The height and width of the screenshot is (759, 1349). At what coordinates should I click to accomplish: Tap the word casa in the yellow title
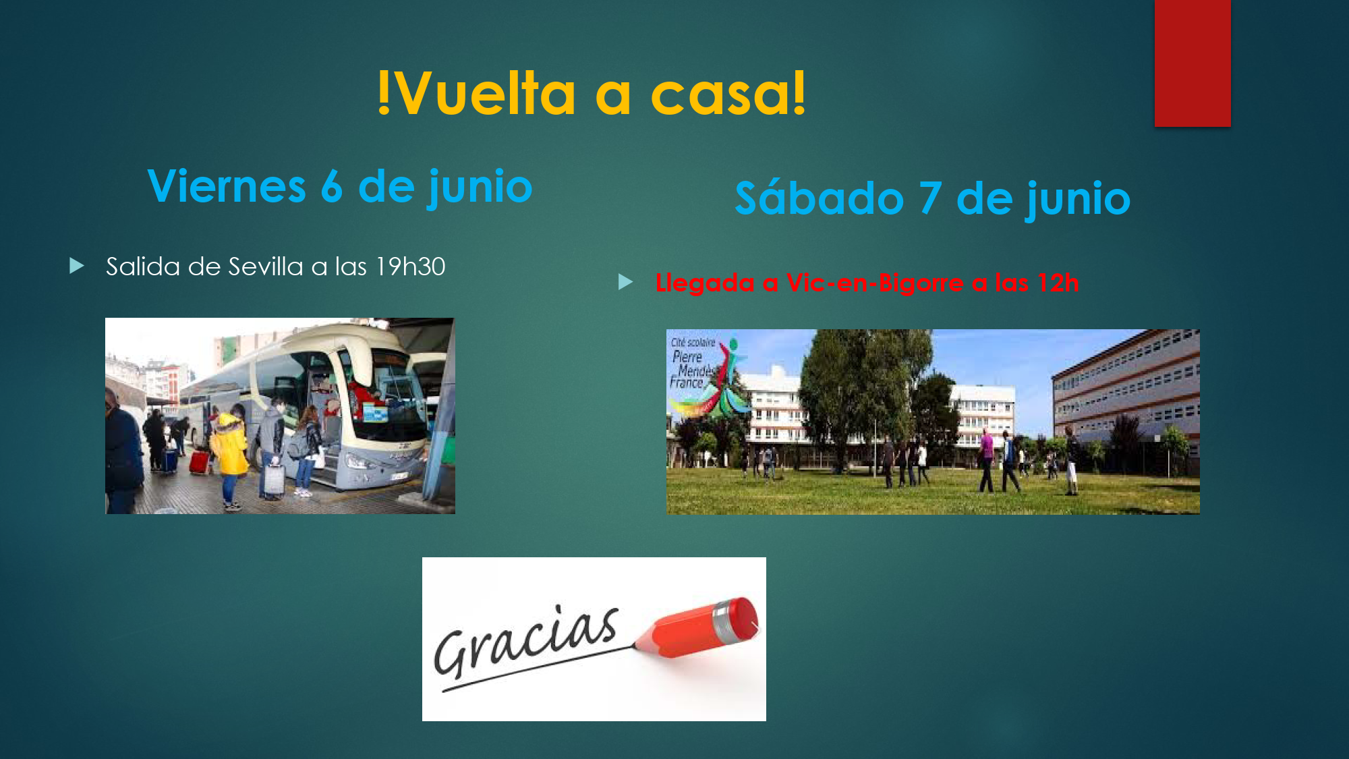tap(720, 94)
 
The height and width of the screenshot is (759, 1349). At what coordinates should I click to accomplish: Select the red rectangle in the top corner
tap(1193, 63)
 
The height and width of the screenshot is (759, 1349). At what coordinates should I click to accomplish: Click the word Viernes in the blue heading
tap(227, 186)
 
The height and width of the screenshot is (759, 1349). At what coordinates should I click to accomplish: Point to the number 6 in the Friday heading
tap(332, 186)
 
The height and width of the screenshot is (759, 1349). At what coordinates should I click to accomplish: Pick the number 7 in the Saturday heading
tap(930, 198)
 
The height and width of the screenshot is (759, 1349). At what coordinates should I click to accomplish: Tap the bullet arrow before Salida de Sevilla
tap(77, 266)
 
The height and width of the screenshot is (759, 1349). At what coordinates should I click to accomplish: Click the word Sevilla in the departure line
tap(266, 266)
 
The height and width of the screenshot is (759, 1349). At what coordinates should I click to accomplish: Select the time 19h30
tap(411, 266)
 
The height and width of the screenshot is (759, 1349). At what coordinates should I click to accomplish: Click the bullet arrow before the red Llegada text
tap(626, 281)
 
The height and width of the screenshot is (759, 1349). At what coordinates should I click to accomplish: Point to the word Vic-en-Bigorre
tap(875, 283)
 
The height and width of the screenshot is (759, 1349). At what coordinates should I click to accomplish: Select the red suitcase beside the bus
tap(200, 462)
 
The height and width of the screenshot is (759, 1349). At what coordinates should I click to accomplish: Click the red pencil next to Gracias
tap(698, 627)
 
